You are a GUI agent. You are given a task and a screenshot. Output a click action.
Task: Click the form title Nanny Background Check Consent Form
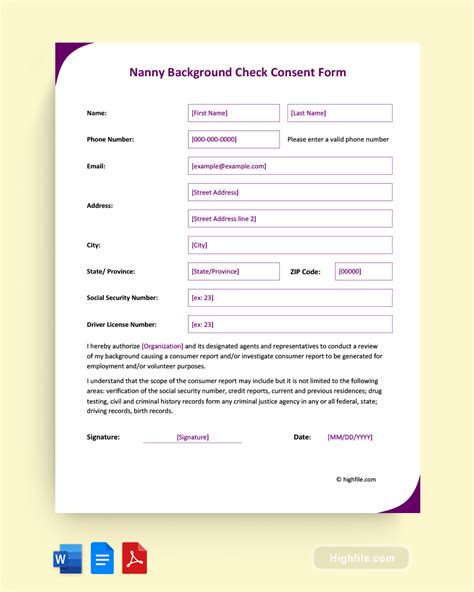coord(237,72)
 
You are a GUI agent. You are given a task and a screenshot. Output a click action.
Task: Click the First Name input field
coord(234,113)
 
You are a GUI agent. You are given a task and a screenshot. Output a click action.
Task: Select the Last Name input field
coord(340,113)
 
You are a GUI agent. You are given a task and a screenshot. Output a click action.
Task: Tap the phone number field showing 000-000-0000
coord(234,139)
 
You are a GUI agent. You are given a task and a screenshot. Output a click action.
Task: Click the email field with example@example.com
coord(290,166)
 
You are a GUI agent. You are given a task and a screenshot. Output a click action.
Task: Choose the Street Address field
coord(290,192)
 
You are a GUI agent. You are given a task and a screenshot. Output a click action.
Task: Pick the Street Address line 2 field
coord(290,218)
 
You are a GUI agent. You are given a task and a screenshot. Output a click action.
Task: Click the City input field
coord(290,244)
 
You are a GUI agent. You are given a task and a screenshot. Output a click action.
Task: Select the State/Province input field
coord(234,271)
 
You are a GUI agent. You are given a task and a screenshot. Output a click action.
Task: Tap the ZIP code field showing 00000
coord(363,271)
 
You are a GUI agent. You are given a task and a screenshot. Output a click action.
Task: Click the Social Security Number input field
coord(290,297)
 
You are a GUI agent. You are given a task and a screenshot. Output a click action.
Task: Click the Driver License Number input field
coord(290,324)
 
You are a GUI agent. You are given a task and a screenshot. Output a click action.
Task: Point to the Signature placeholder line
coord(192,437)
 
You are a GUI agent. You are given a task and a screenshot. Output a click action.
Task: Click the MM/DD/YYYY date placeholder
coord(350,437)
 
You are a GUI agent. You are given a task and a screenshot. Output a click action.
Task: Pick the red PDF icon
coord(135,558)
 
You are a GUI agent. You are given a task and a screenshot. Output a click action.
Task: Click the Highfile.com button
coord(361,558)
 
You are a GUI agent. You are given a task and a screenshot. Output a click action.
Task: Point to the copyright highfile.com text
coord(356,479)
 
